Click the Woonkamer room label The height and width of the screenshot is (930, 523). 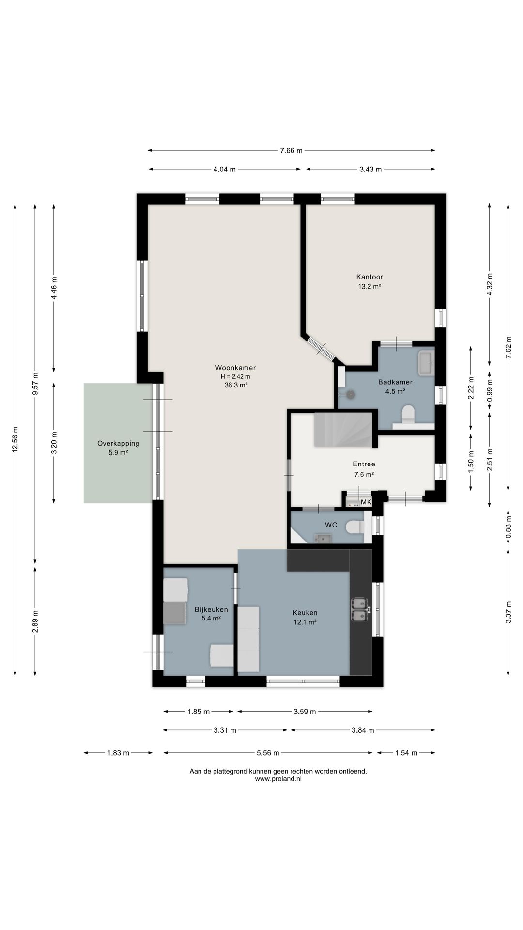point(235,368)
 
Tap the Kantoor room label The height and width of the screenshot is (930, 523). point(369,277)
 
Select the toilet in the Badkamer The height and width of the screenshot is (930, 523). point(409,414)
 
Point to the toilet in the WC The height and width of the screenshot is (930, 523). point(354,527)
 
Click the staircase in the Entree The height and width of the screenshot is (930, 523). point(343,430)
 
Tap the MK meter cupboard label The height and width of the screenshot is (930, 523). point(366,502)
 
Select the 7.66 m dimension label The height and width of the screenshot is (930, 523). point(291,151)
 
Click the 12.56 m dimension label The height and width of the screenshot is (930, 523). point(15,439)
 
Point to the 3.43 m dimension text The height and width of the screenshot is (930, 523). point(370,169)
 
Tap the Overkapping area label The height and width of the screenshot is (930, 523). point(118,443)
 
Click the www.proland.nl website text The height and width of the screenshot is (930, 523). point(278,779)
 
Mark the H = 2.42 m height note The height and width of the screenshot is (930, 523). point(235,377)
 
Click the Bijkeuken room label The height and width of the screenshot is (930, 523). point(211,610)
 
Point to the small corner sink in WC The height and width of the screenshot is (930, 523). point(322,538)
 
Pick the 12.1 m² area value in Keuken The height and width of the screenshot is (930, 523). point(305,622)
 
